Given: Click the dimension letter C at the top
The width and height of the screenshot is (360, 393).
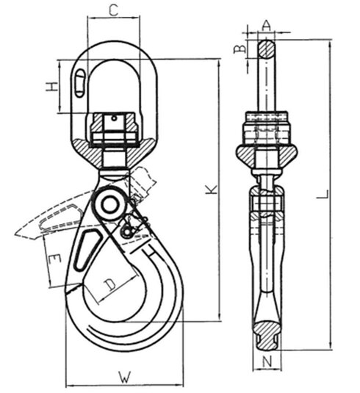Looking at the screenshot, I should tap(113, 10).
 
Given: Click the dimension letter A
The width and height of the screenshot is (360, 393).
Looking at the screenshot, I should tap(267, 25).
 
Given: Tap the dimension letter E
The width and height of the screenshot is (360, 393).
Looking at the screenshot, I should tap(53, 260).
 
